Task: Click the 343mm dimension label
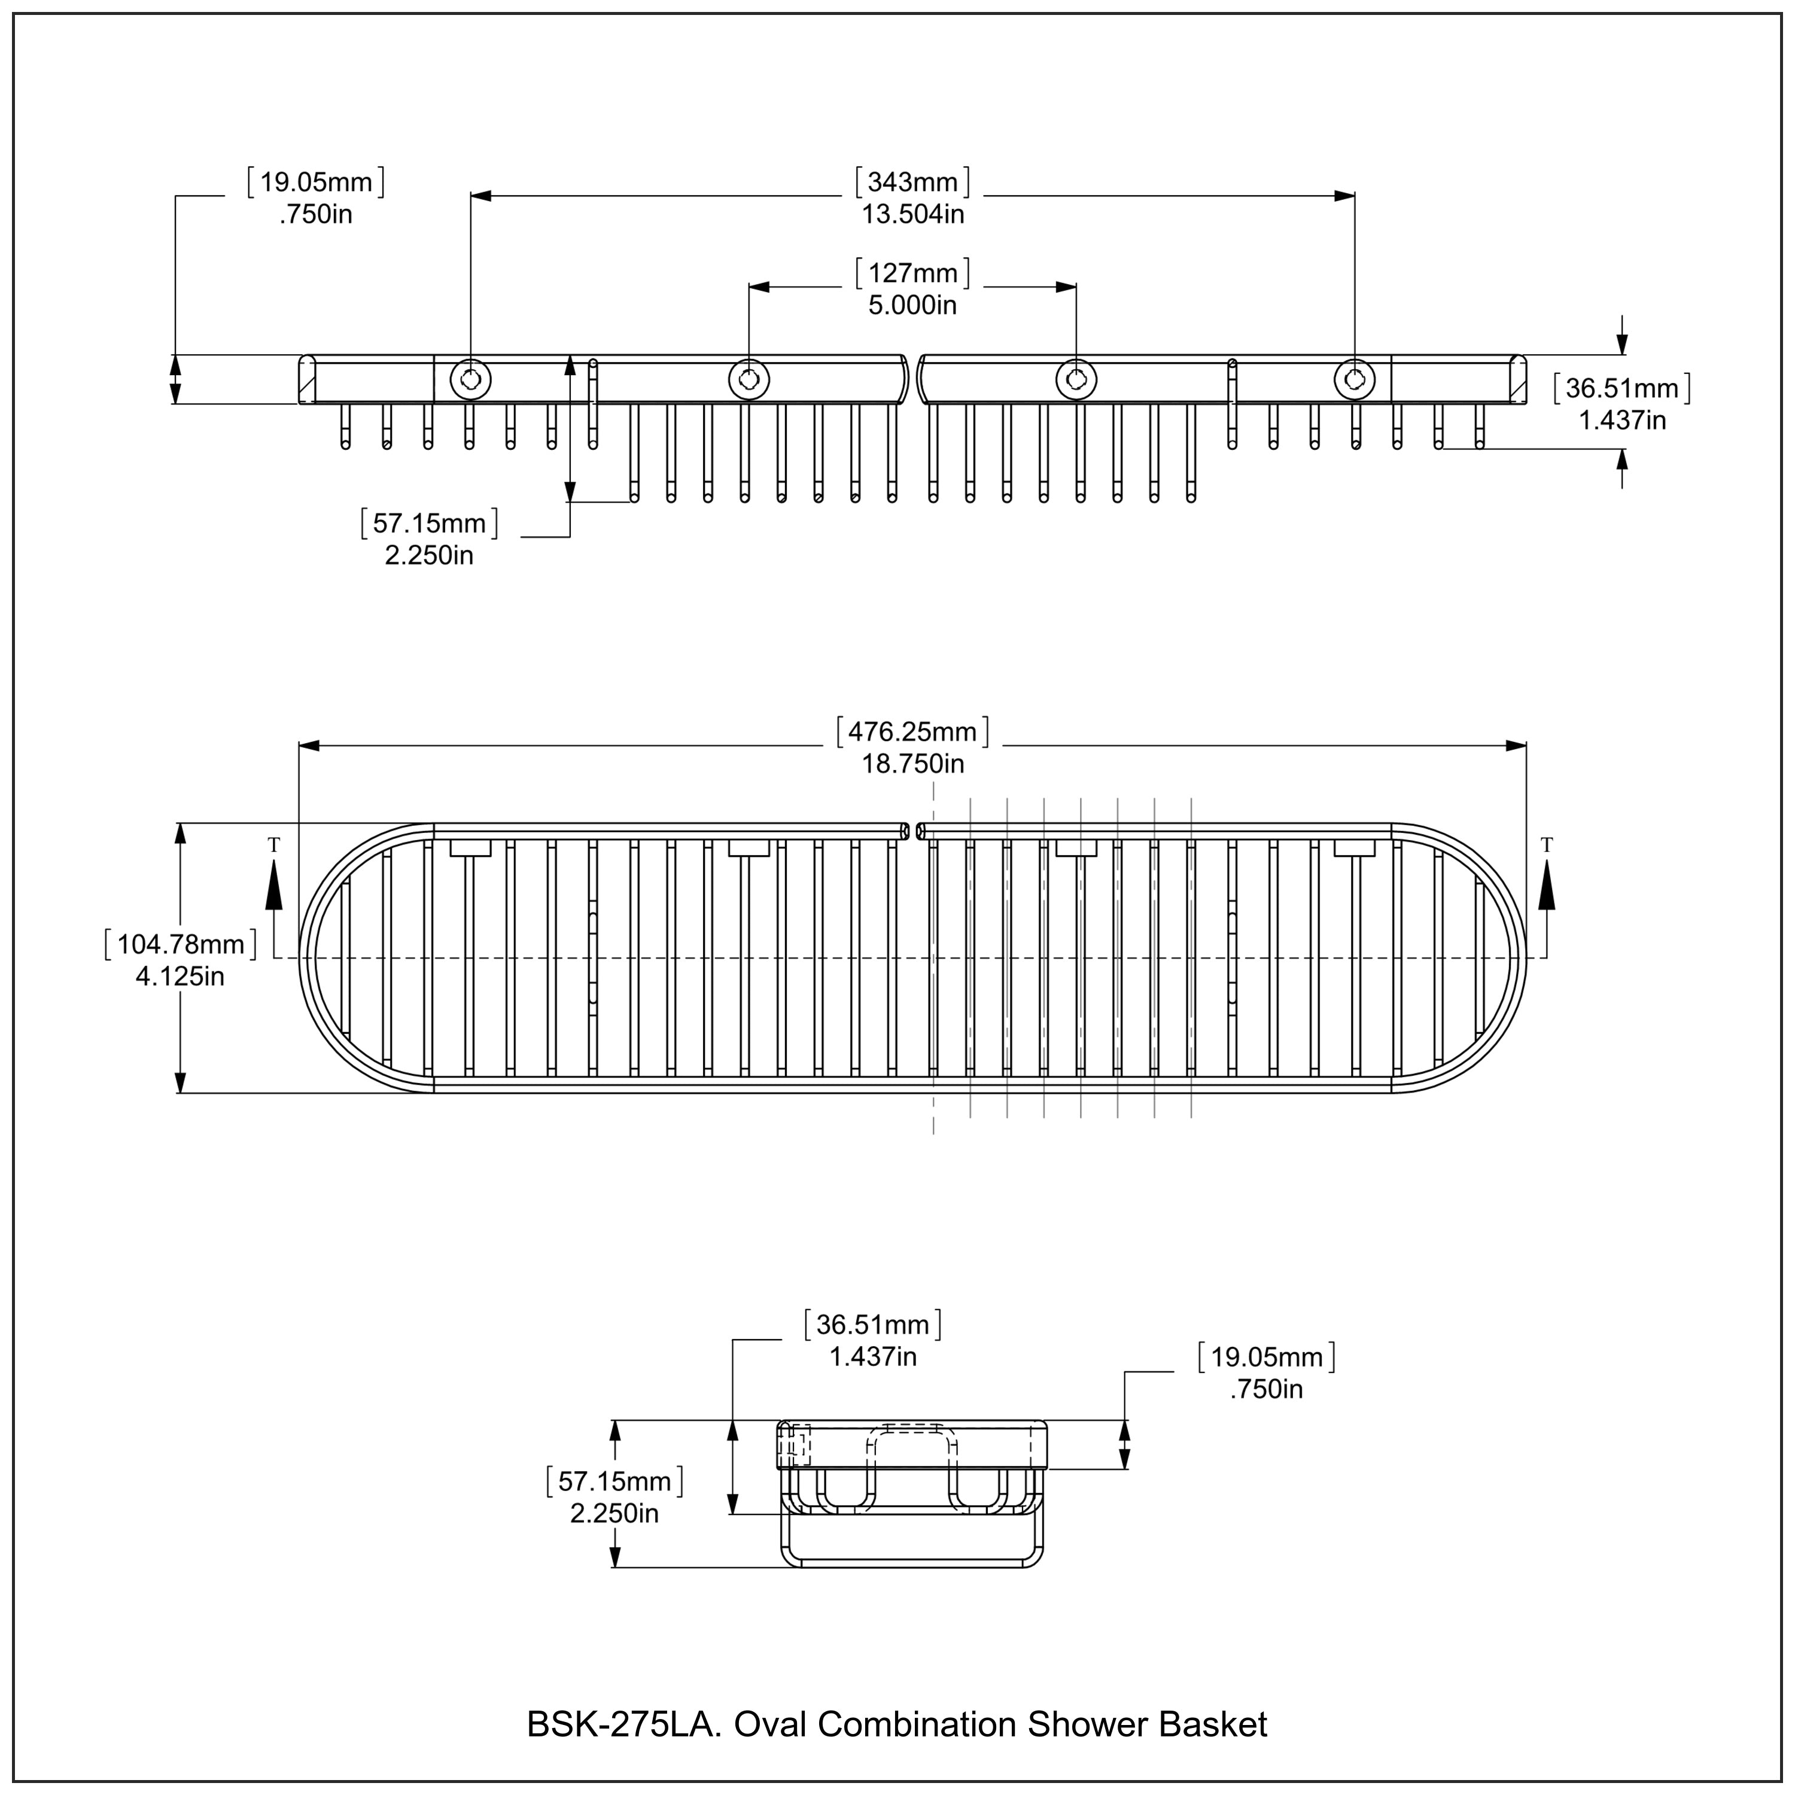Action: point(912,182)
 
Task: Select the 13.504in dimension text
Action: point(912,215)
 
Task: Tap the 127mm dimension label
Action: point(912,273)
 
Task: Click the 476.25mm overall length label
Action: point(912,732)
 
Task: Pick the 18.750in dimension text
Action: point(912,763)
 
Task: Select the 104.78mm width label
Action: point(180,945)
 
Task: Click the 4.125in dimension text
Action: point(180,976)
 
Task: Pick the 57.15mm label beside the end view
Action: point(615,1481)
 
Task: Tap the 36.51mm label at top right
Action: point(1622,388)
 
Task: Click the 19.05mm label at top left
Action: point(316,182)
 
